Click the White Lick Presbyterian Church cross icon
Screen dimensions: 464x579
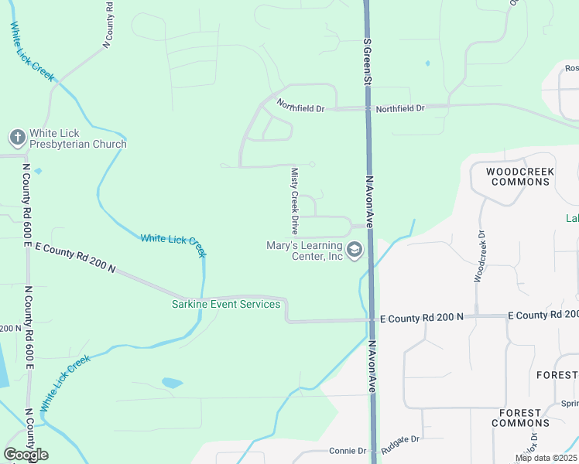(18, 138)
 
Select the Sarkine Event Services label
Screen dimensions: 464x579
(226, 304)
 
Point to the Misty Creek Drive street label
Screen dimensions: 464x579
(294, 201)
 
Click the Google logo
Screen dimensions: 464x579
(26, 454)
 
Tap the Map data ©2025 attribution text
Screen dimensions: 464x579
(546, 459)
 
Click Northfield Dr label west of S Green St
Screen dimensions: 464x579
(301, 109)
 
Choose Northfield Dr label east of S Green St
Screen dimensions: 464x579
(400, 109)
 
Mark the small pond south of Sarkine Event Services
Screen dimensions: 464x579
(172, 383)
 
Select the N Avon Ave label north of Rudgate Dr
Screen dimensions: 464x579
(372, 367)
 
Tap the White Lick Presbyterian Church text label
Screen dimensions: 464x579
(77, 138)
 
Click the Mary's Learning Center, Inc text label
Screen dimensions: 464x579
(304, 251)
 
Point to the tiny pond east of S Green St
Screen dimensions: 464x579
(427, 63)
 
